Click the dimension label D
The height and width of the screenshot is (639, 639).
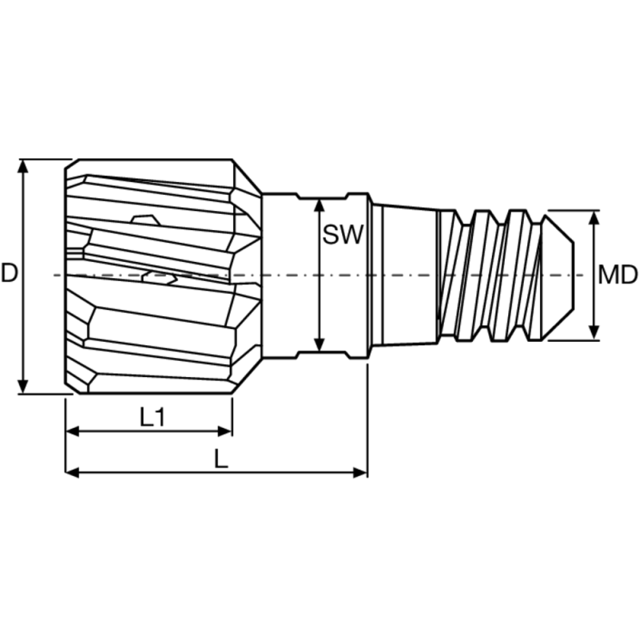pos(10,274)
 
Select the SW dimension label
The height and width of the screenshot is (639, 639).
pos(343,235)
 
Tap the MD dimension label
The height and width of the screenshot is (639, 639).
pos(617,276)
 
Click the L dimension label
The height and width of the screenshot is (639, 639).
pos(221,458)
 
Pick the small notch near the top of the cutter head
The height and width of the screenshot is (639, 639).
pos(145,217)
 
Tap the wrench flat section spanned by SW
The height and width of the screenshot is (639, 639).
pos(319,276)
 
